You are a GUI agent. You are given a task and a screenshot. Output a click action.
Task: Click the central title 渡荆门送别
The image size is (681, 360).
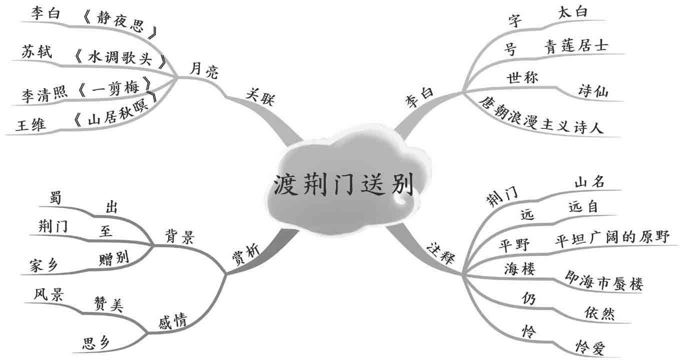point(343,186)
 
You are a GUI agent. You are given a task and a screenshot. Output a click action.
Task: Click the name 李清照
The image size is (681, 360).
point(44,95)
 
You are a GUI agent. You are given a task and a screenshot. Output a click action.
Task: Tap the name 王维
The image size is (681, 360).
point(31,125)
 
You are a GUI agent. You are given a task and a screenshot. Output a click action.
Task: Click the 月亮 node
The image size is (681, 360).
point(204,71)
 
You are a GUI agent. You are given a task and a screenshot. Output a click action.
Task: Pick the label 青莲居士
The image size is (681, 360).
point(576,46)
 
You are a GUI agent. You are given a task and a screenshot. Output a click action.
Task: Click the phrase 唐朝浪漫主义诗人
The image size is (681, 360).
point(541,115)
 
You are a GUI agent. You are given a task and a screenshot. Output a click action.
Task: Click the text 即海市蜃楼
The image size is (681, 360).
point(603,280)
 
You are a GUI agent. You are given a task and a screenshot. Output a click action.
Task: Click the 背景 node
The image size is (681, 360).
point(179,235)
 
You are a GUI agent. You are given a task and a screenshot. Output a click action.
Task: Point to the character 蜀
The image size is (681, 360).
point(56,198)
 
